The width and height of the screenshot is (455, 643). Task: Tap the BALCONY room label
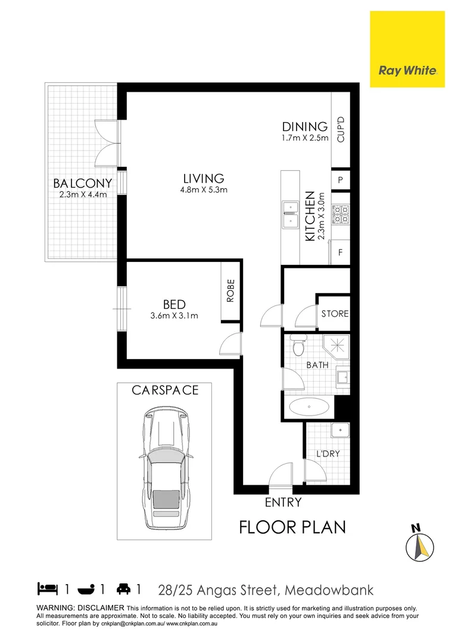point(82,183)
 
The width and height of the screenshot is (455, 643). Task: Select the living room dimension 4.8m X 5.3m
point(204,190)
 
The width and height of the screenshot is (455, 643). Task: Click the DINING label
point(305,127)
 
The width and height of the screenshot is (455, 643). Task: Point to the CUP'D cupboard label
point(341,130)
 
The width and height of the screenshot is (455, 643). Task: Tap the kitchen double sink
point(290,215)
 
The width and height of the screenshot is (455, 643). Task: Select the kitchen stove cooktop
point(341,215)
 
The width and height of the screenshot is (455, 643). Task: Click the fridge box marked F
point(341,252)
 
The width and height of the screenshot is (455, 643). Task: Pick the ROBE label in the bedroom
point(230,292)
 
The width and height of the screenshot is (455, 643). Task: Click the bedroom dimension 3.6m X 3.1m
point(174,316)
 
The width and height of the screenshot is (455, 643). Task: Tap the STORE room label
point(335,314)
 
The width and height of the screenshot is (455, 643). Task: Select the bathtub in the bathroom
point(308,408)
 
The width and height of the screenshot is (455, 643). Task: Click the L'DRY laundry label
point(328,454)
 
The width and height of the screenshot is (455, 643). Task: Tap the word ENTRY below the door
point(283,502)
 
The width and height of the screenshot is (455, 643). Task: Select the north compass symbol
point(420,544)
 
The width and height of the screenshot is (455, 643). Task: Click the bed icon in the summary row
point(48,589)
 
